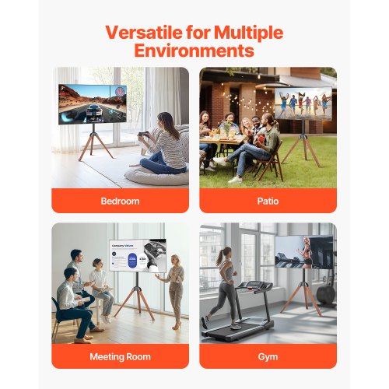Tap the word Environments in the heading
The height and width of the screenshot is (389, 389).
coord(194,51)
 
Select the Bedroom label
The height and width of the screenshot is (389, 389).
coord(120,201)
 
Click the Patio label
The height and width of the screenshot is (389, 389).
coord(268,201)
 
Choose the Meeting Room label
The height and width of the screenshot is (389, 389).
coord(120,356)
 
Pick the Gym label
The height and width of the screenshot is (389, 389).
coord(268,356)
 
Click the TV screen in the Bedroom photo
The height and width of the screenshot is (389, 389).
coord(92,103)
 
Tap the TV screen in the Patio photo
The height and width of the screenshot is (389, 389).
coord(302,103)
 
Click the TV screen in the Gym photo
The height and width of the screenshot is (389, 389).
coord(303,251)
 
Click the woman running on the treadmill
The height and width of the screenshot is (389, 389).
coord(225,284)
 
